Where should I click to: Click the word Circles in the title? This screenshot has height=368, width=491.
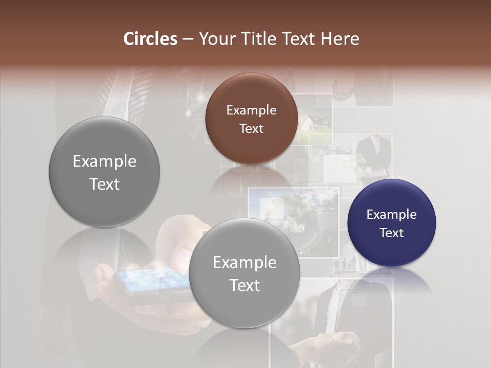click(x=150, y=39)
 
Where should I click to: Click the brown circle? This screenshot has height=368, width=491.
click(x=251, y=119)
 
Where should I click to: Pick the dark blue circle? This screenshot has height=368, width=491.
click(x=391, y=223)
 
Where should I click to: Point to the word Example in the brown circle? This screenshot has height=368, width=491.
click(x=251, y=110)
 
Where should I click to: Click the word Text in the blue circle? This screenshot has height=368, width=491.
click(x=392, y=233)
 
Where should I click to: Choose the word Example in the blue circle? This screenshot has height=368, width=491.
click(x=391, y=215)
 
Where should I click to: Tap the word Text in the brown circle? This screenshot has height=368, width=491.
click(x=251, y=128)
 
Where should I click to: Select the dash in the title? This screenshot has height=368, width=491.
click(x=188, y=39)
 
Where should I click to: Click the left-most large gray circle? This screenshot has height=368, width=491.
click(x=104, y=172)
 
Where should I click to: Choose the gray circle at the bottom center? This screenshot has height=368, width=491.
click(x=244, y=273)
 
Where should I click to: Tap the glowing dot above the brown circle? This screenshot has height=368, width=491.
click(x=199, y=97)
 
